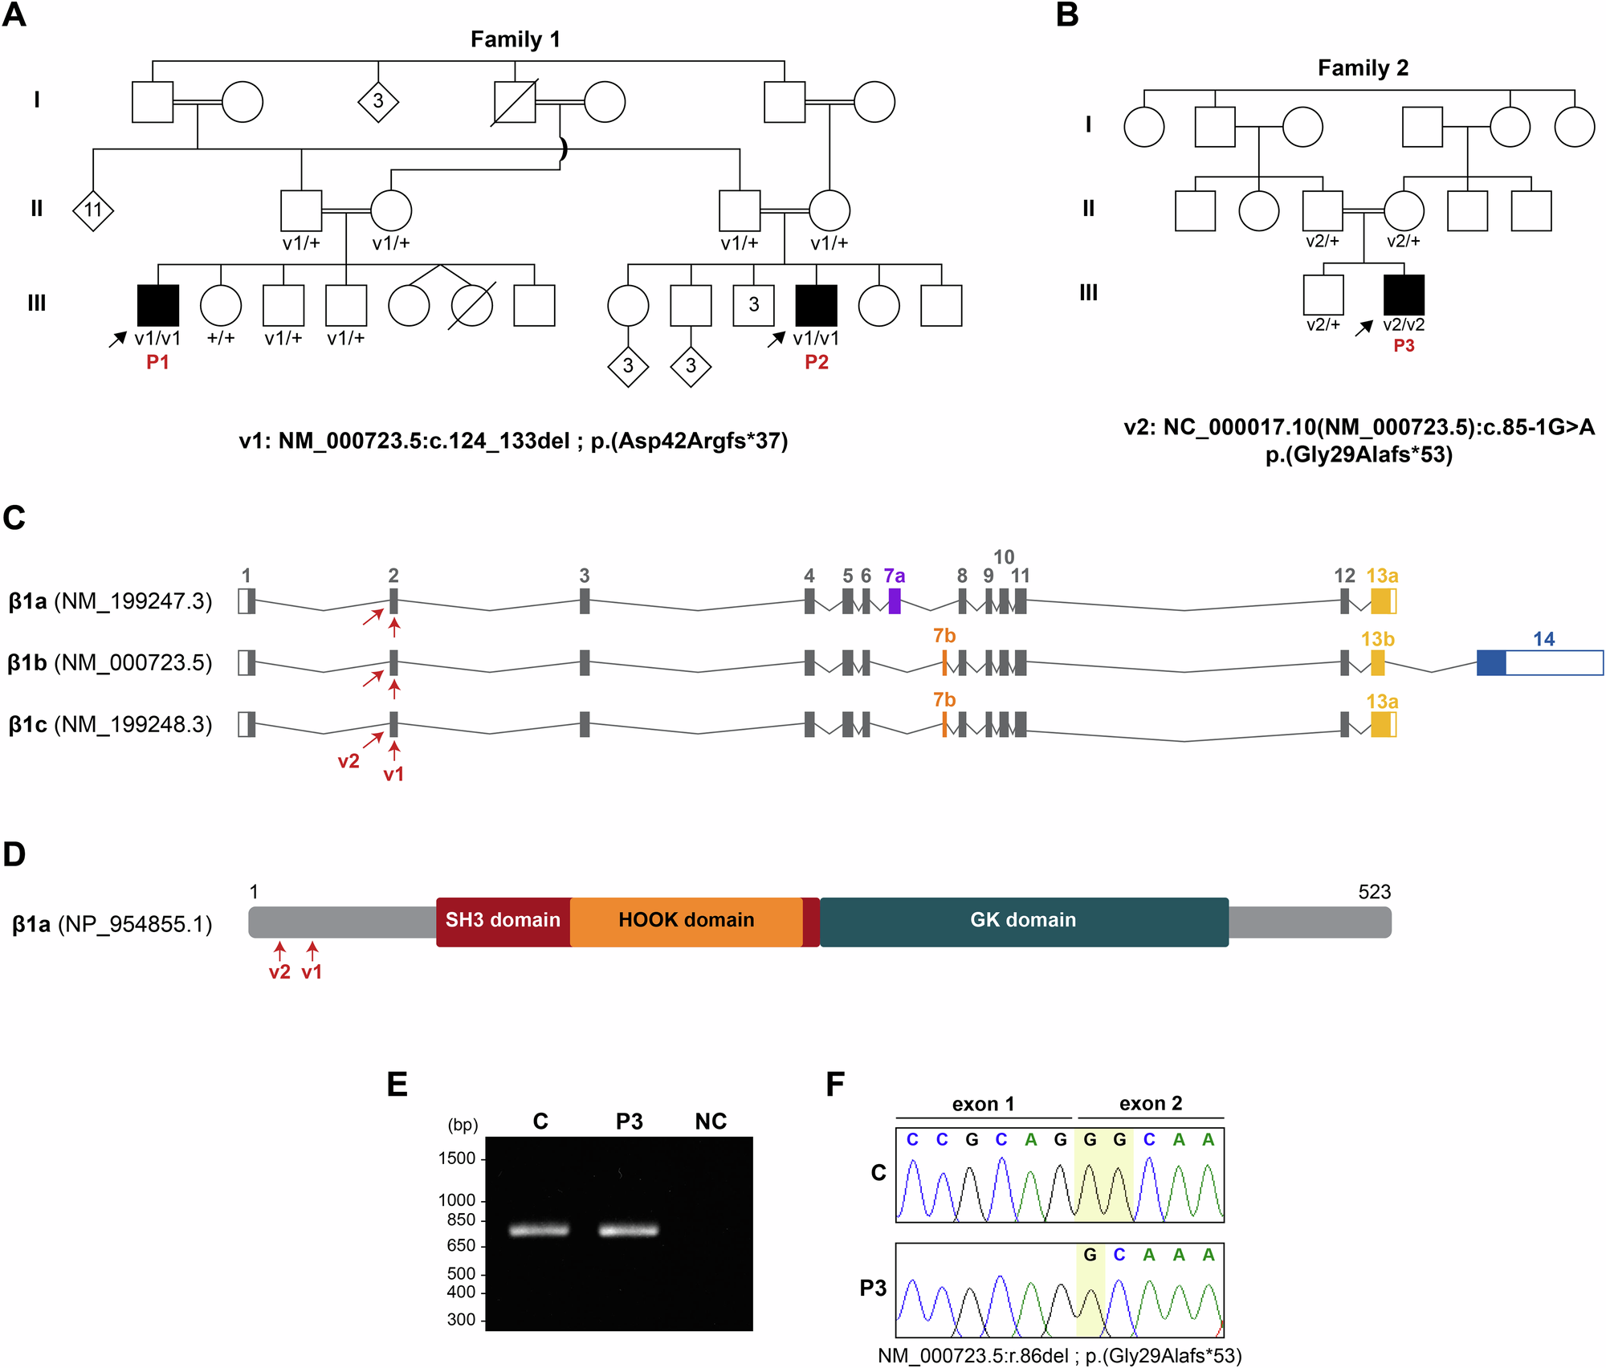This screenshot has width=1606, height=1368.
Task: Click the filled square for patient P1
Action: pyautogui.click(x=158, y=305)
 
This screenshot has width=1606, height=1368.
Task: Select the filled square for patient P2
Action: pyautogui.click(x=816, y=305)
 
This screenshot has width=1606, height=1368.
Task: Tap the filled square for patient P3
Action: pyautogui.click(x=1404, y=295)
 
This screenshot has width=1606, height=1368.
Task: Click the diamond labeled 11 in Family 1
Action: pyautogui.click(x=93, y=210)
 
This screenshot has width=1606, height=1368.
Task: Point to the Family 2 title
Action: pyautogui.click(x=1363, y=68)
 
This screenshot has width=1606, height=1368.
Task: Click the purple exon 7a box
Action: pyautogui.click(x=895, y=601)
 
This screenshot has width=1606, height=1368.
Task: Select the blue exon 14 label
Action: pyautogui.click(x=1543, y=639)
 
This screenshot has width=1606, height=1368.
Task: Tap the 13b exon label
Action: pyautogui.click(x=1377, y=639)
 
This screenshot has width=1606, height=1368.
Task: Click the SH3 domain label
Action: pyautogui.click(x=503, y=920)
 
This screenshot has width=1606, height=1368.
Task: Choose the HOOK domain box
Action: pyautogui.click(x=686, y=921)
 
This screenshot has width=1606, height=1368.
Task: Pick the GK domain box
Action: pyautogui.click(x=1023, y=921)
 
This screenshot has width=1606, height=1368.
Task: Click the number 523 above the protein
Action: pyautogui.click(x=1374, y=892)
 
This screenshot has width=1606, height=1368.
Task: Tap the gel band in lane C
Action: pyautogui.click(x=539, y=1229)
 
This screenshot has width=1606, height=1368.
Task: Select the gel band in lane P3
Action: pyautogui.click(x=629, y=1229)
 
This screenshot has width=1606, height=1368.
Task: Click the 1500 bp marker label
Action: pyautogui.click(x=457, y=1158)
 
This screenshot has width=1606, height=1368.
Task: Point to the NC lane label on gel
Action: pyautogui.click(x=711, y=1122)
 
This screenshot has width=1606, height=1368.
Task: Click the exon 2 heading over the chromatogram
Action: pyautogui.click(x=1150, y=1104)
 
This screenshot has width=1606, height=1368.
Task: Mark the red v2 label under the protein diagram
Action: pyautogui.click(x=279, y=972)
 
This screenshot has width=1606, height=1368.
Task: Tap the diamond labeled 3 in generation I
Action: pyautogui.click(x=378, y=101)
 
